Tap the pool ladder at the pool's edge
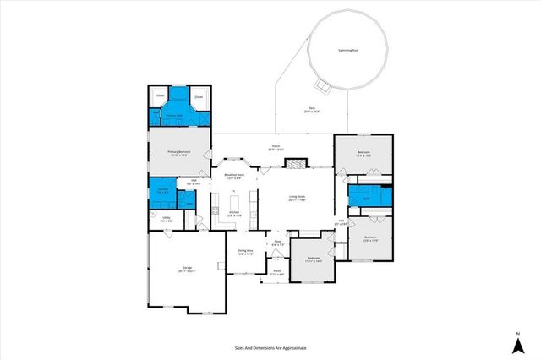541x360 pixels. pos(322,84)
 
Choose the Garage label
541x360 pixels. pos(187,270)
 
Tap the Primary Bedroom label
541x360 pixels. pos(178,153)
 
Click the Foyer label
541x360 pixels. pos(277,243)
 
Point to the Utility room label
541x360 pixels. pos(167,220)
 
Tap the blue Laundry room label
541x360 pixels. pos(161,190)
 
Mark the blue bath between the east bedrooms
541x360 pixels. pos(367,199)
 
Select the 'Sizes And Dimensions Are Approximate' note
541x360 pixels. pos(270,346)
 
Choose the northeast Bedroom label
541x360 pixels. pos(364,154)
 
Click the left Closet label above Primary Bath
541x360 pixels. pos(160,96)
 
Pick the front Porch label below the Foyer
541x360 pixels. pos(276,272)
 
